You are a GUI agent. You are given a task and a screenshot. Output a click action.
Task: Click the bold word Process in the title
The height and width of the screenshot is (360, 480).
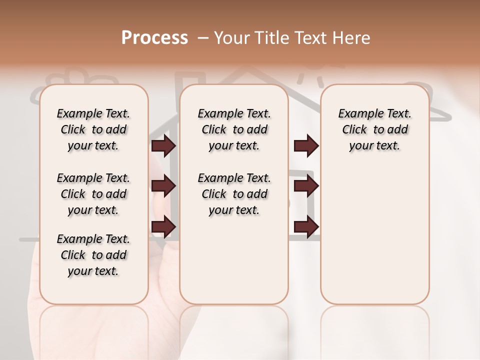coord(154,38)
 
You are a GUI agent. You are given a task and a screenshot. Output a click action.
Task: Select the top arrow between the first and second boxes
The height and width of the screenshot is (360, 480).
coord(163,146)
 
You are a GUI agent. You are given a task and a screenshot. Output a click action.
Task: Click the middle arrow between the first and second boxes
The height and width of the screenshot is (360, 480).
coord(163,186)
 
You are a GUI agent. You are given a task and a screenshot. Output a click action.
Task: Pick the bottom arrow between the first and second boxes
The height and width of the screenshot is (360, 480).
coord(163,226)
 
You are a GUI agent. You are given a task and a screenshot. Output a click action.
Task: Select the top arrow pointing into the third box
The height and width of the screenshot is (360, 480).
coord(306,146)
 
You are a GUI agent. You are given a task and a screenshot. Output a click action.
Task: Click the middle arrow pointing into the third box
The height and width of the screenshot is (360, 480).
coord(306,186)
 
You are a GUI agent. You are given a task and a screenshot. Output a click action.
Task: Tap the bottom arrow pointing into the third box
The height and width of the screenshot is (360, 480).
coord(306,226)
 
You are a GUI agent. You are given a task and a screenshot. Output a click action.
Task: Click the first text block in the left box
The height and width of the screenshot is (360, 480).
coord(93,129)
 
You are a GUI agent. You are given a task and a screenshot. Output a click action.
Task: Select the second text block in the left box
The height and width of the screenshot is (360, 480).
coord(93,194)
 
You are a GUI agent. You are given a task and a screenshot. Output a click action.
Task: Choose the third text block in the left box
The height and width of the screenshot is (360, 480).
coord(93,255)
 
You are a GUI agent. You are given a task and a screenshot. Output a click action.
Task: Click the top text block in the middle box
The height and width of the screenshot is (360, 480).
coord(234,129)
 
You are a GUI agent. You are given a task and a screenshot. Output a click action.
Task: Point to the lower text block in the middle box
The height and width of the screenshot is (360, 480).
coord(234,194)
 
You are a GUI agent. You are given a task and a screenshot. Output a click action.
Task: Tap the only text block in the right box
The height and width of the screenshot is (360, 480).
coord(374,129)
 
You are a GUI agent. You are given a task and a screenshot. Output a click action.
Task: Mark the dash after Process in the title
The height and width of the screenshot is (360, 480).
coord(203,38)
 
